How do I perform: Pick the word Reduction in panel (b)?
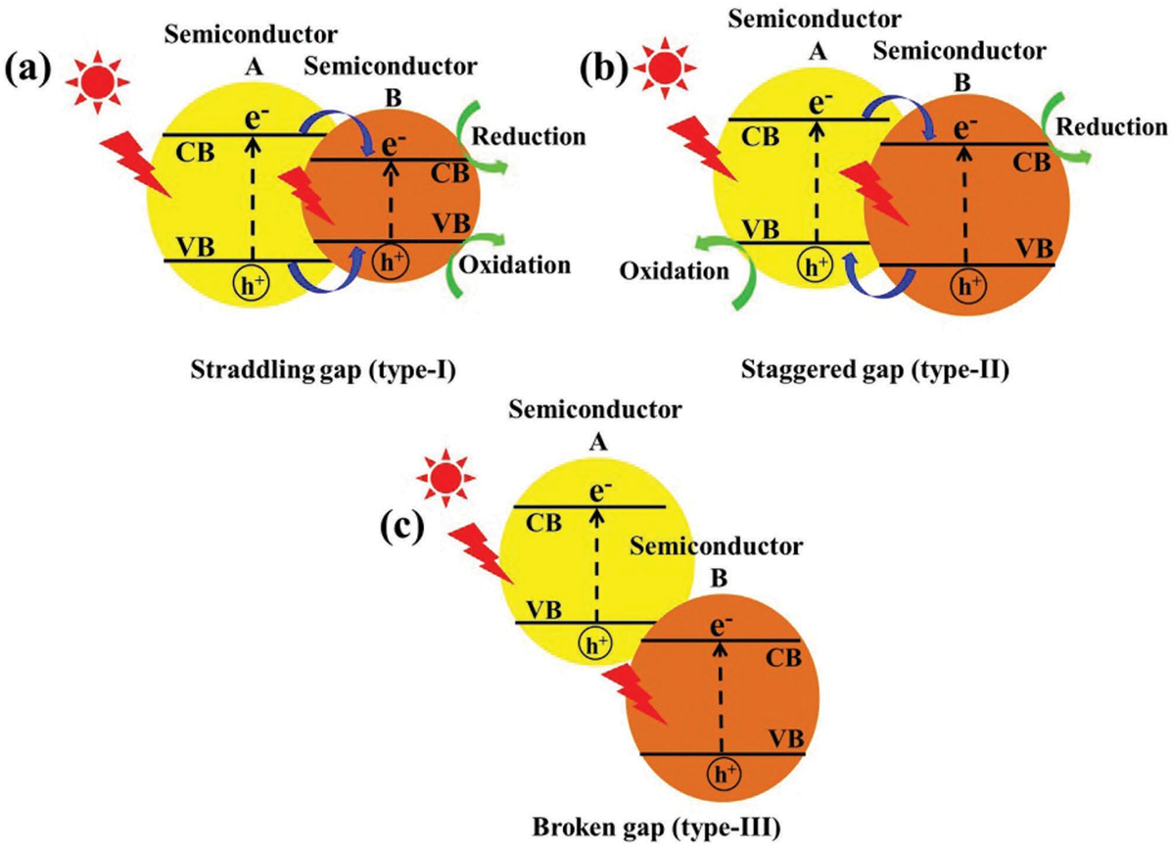point(1113,127)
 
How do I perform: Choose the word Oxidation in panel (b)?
point(675,271)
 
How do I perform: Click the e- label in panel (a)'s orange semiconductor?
point(395,146)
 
